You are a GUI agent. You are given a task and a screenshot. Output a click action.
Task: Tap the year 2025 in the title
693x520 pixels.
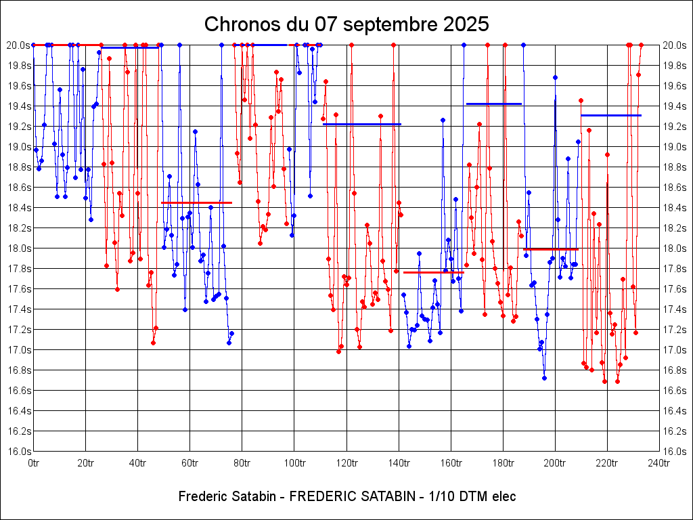click(464, 24)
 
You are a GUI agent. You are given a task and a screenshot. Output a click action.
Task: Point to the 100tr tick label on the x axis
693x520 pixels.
click(294, 463)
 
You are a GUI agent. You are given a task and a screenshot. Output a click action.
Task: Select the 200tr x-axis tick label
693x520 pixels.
click(555, 463)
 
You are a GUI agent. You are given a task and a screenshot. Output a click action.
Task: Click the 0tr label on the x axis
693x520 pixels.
click(34, 463)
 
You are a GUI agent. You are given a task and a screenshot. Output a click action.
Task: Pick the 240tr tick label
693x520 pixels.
click(659, 463)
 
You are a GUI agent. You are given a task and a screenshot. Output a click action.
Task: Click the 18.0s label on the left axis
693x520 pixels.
click(18, 248)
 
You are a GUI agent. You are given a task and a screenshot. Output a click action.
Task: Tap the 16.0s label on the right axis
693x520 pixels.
click(675, 452)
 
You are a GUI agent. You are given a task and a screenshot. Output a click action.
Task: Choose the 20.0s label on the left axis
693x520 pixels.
click(18, 45)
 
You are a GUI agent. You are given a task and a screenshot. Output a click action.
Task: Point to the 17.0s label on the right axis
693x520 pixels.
click(675, 350)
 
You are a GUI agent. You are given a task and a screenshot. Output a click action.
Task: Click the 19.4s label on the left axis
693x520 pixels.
click(18, 106)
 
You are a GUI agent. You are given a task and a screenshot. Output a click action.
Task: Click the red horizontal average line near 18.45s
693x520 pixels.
click(196, 202)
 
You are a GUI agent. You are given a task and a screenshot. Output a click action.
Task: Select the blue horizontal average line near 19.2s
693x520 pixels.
click(362, 124)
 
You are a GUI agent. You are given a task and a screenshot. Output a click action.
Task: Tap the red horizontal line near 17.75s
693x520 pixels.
click(433, 272)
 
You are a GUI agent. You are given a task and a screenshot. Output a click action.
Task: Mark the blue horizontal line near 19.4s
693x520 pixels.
click(494, 104)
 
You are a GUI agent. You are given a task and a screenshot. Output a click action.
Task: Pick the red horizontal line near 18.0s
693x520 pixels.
click(550, 249)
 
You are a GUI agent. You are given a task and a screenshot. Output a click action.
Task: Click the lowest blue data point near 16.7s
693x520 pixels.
click(544, 378)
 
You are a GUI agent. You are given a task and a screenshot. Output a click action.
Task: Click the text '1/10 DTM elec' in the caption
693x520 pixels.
click(468, 496)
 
